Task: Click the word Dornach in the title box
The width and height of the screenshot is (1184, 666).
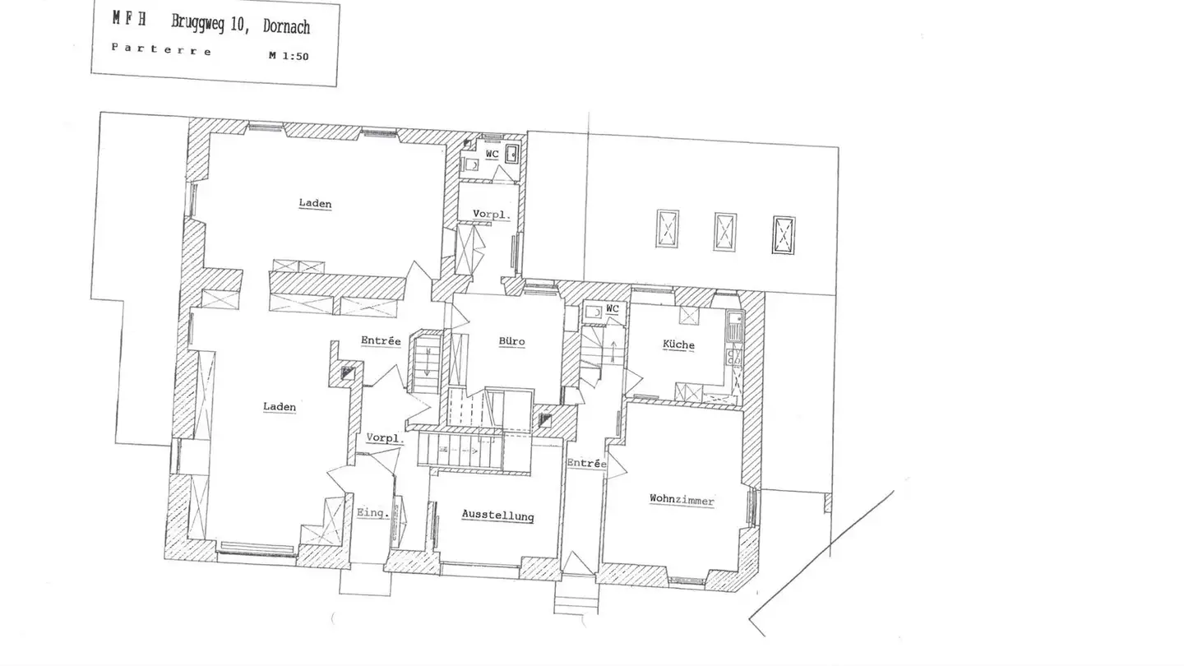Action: (x=286, y=27)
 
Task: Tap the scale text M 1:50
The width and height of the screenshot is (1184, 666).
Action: (x=289, y=56)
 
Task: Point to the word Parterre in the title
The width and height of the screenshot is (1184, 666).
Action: (x=162, y=49)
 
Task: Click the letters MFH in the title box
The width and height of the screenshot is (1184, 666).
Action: (x=129, y=19)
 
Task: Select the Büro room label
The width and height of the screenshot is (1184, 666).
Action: (x=511, y=341)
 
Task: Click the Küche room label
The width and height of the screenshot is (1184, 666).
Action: (x=678, y=345)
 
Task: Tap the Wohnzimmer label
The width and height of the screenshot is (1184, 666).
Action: (x=682, y=500)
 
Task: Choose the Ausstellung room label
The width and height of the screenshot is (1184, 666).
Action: (x=498, y=516)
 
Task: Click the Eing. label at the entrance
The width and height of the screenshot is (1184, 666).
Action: (x=373, y=513)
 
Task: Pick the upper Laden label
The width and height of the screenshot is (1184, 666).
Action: (x=315, y=204)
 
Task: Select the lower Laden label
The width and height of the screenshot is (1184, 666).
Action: (x=280, y=407)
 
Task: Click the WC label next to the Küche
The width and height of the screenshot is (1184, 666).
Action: (x=613, y=308)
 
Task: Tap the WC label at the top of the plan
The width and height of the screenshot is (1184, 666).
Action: (x=492, y=155)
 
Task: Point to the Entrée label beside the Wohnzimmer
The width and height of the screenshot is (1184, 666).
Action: (x=587, y=464)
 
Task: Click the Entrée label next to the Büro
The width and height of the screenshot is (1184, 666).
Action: (x=381, y=341)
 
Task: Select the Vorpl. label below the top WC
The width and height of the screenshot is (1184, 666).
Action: (x=492, y=215)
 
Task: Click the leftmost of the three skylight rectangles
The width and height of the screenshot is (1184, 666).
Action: (x=668, y=229)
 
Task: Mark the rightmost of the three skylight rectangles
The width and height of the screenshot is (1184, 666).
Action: (x=784, y=234)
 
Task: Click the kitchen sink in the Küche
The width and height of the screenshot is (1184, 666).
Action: (x=735, y=326)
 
